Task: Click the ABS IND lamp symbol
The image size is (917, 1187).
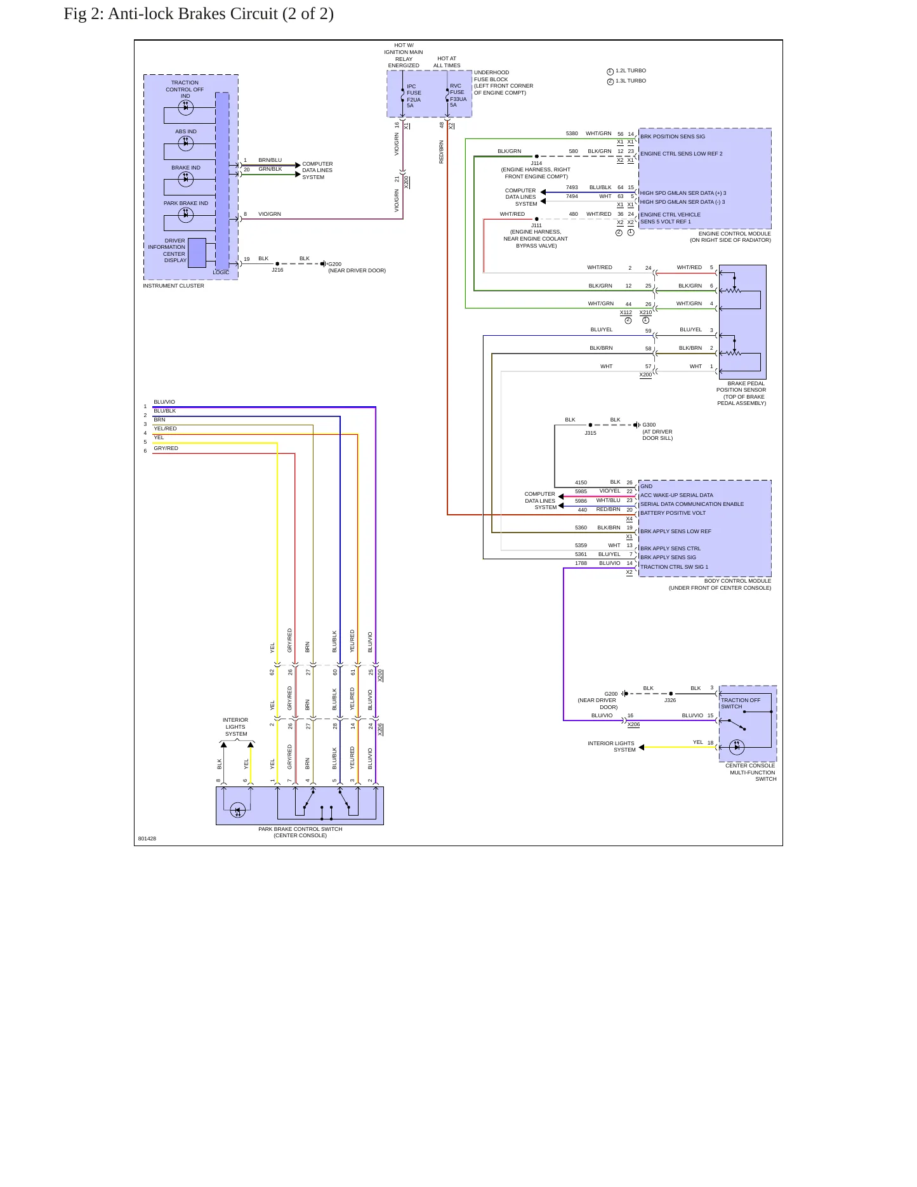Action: (x=186, y=143)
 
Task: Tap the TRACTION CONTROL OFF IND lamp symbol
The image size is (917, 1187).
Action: (x=186, y=107)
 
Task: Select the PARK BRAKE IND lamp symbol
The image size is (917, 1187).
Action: (x=186, y=215)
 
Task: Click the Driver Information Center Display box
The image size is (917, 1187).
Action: (x=197, y=253)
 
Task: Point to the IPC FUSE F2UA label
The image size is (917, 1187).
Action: (x=414, y=96)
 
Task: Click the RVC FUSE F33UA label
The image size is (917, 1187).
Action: (x=458, y=95)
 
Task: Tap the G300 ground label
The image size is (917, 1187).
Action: (x=649, y=425)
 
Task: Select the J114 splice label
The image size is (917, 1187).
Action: (x=536, y=163)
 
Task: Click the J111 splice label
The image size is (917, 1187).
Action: (x=536, y=225)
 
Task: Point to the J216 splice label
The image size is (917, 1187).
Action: (x=277, y=270)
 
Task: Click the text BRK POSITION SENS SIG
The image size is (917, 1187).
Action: (x=673, y=136)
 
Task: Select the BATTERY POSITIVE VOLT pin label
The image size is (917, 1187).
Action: (x=673, y=513)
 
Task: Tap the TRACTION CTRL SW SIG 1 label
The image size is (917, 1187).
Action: (x=674, y=567)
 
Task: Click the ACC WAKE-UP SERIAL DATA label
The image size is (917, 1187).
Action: (x=676, y=495)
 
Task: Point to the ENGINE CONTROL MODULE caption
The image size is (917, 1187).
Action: (x=735, y=234)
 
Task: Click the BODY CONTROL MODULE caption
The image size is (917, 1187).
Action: (x=737, y=581)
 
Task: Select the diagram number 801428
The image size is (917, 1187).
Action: (x=147, y=839)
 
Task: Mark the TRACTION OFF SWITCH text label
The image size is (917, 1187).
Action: (x=741, y=703)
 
